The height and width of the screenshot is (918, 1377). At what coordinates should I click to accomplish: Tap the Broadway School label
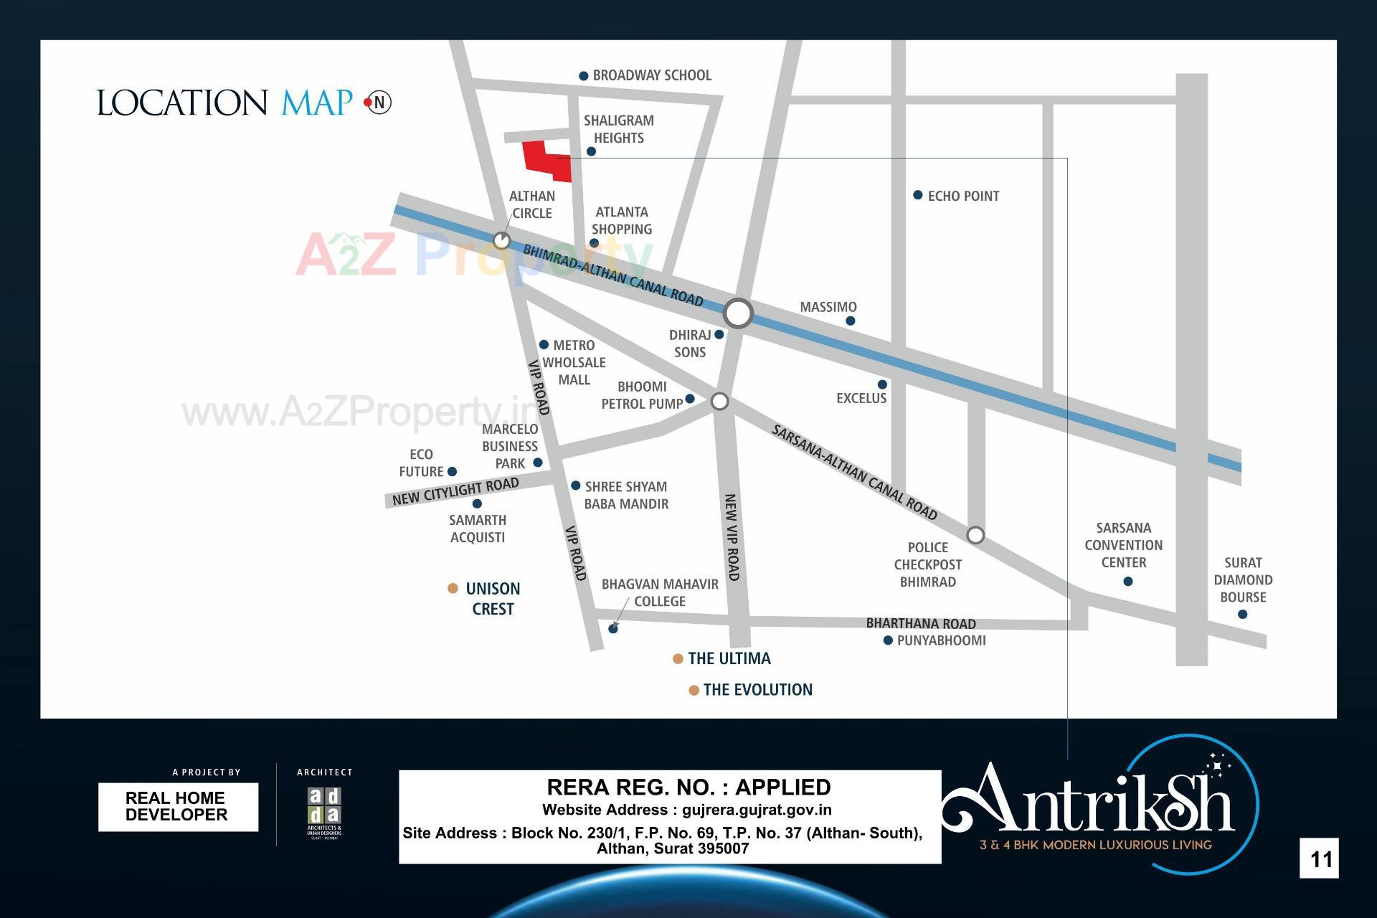point(651,75)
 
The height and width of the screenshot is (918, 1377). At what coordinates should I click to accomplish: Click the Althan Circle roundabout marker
point(501,240)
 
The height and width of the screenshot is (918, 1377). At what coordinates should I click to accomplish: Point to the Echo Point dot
point(917,195)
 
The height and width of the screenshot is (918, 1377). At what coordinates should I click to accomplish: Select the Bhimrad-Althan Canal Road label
point(612,275)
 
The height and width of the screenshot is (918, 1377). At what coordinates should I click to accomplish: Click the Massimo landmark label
point(828,307)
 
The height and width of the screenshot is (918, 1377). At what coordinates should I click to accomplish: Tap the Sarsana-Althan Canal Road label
point(854,472)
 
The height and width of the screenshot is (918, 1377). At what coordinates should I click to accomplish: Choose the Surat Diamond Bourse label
point(1243,579)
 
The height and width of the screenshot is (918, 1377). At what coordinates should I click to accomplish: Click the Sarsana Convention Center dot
point(1127,581)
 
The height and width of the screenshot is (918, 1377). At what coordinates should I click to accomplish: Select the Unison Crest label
point(493,598)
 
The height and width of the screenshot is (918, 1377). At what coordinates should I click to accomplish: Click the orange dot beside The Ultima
point(678,659)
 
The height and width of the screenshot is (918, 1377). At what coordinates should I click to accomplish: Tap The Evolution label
point(757,690)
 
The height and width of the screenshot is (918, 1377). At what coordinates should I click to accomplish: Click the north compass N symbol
point(379,103)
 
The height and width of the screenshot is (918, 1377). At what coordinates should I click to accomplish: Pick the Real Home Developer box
point(178,807)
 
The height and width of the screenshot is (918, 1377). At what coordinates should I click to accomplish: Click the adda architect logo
point(324,813)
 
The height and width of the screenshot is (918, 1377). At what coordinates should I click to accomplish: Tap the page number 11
point(1320,858)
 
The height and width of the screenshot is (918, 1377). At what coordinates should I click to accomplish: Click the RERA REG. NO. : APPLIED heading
point(688,787)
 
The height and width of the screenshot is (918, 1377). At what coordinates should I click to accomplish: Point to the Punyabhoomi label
point(941,640)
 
